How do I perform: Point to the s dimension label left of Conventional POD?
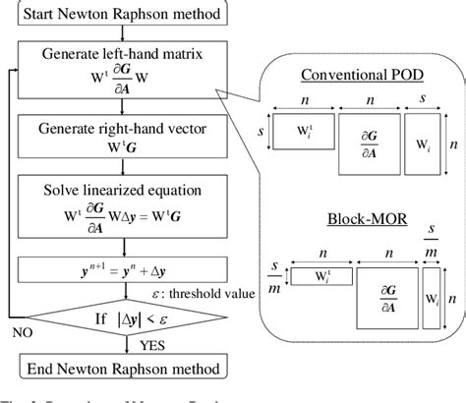pyautogui.click(x=264, y=130)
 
